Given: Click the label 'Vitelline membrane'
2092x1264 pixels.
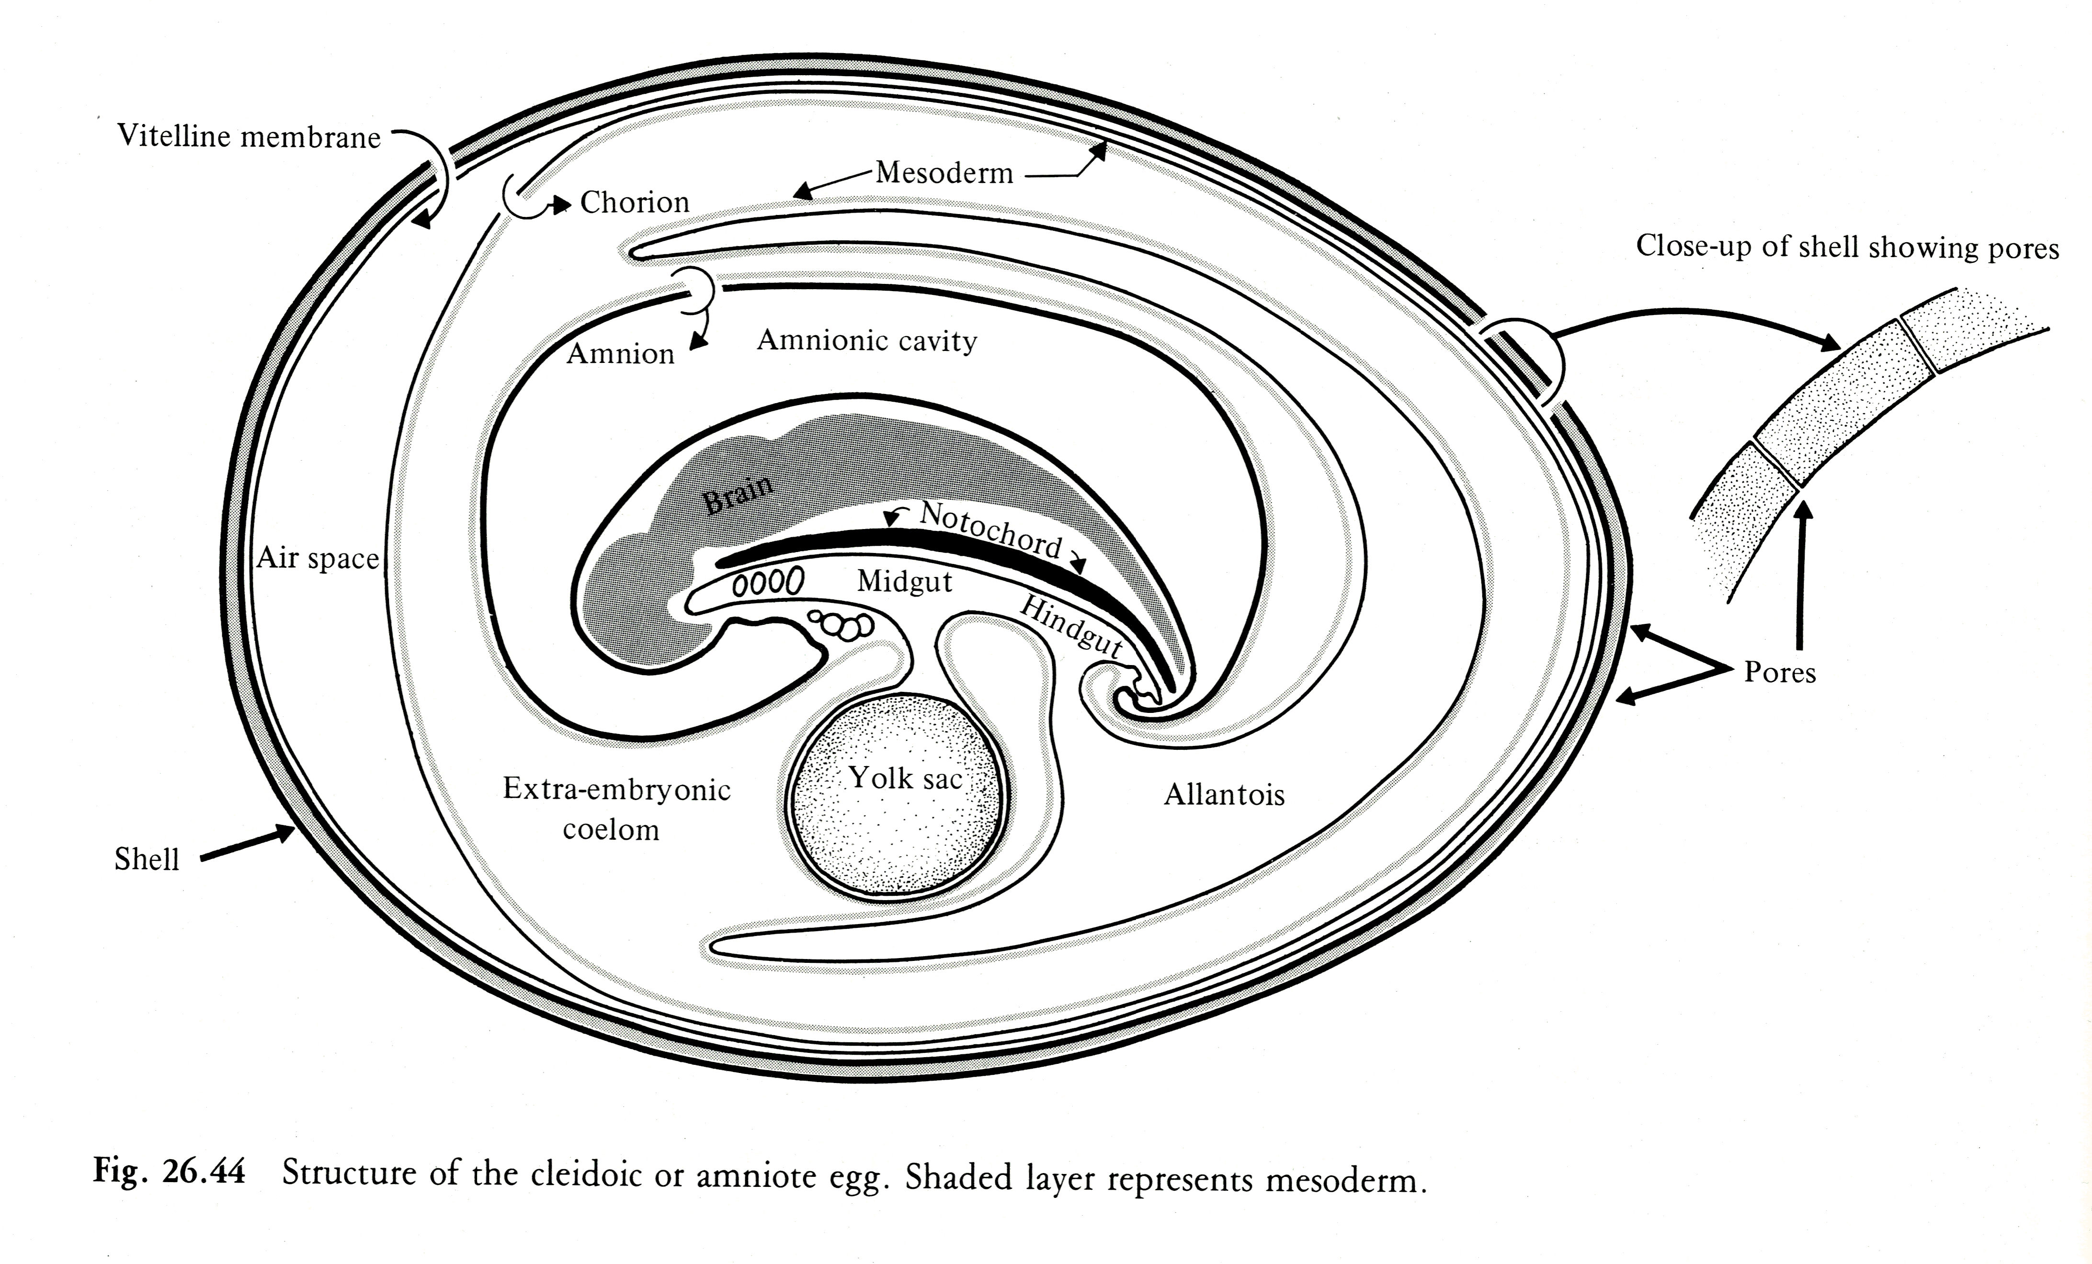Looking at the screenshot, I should (x=249, y=136).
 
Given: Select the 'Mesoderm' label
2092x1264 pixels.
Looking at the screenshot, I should (x=944, y=173).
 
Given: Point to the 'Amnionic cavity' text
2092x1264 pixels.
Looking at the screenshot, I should (x=867, y=340).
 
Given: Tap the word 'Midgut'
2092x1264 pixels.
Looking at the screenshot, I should (x=904, y=582).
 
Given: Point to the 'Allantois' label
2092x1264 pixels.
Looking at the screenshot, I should (x=1223, y=795).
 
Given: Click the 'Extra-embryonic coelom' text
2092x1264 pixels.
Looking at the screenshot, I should (x=616, y=808).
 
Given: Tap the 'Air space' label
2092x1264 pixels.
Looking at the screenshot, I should (x=318, y=559).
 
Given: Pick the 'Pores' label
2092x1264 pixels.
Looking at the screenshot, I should (x=1780, y=672).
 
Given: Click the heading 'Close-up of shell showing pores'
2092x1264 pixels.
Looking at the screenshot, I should (x=1847, y=247).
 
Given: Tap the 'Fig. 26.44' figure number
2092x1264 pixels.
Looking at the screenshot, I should (x=169, y=1173).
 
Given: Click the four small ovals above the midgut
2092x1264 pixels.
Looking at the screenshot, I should (x=768, y=582).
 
